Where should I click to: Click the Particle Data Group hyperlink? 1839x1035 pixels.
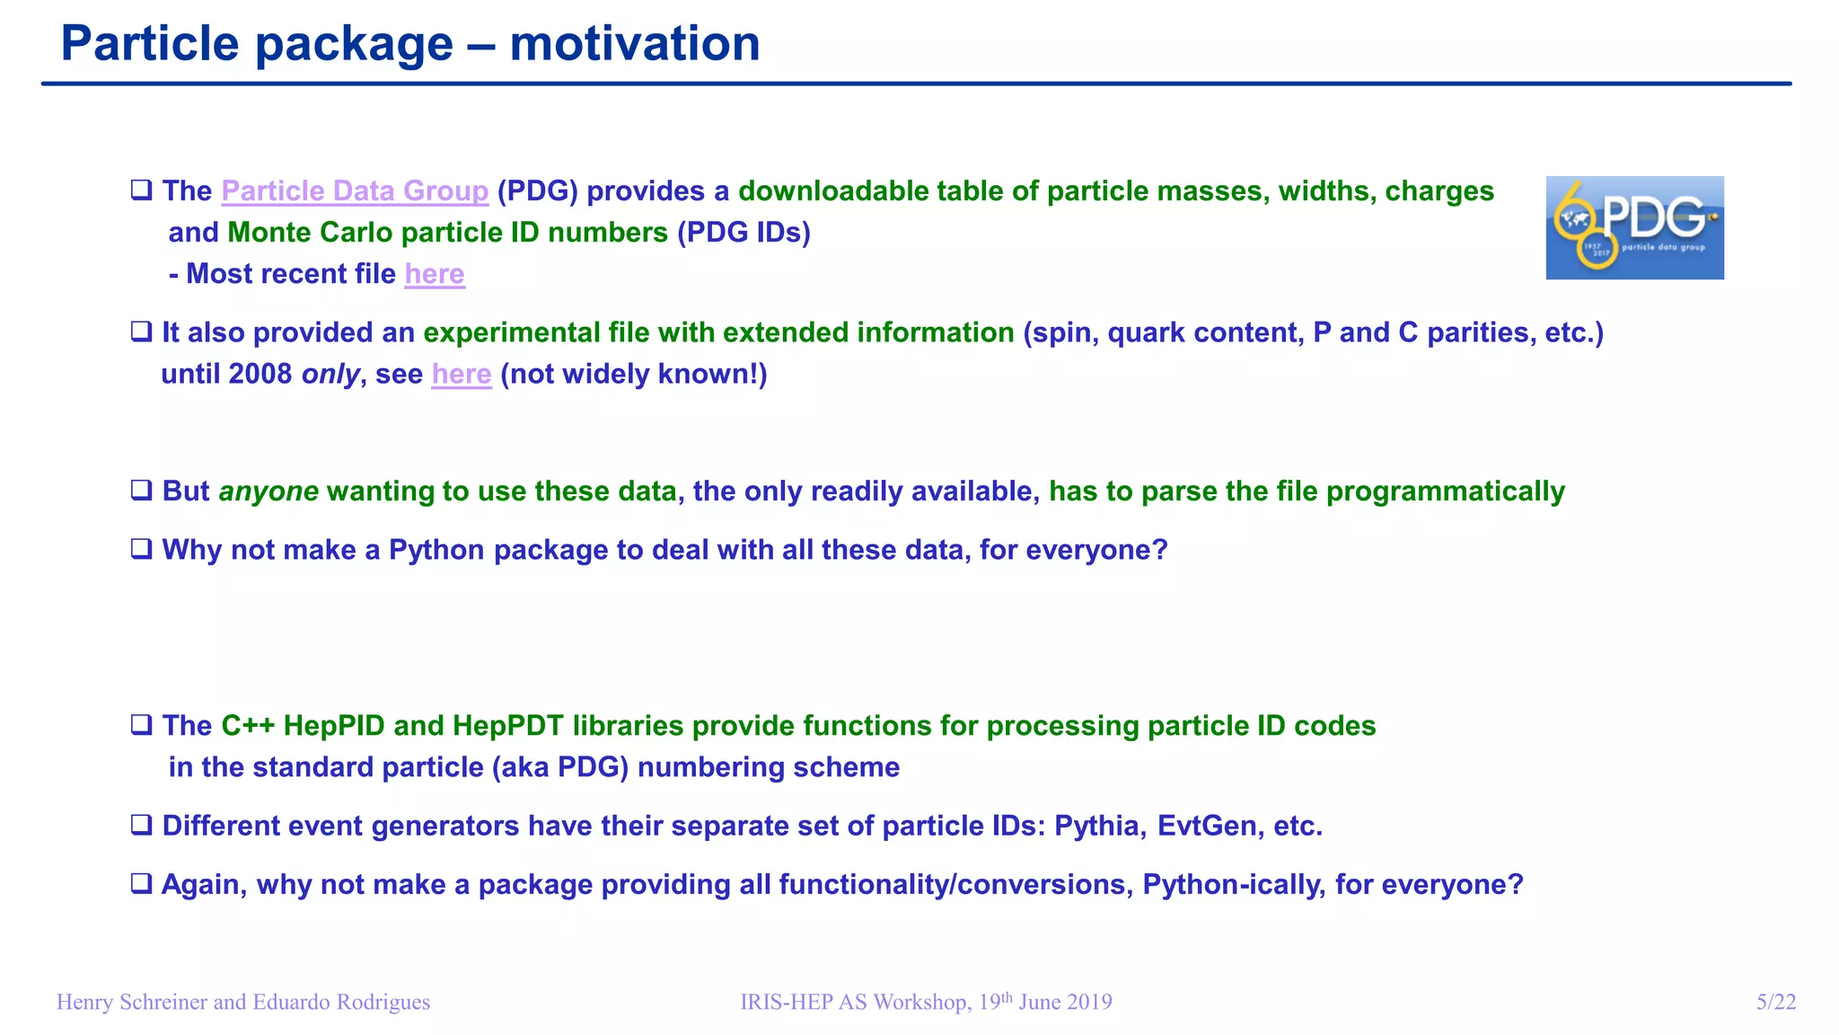pos(355,191)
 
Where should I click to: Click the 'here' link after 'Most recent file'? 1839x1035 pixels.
pos(435,274)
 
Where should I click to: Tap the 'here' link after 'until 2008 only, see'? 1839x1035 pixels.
pos(462,374)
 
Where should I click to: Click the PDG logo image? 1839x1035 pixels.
pos(1634,227)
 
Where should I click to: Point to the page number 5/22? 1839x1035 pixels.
pos(1775,1002)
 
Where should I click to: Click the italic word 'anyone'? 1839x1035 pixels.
pos(268,491)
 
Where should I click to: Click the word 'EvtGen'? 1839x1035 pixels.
pos(1206,826)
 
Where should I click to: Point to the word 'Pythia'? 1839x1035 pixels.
pos(1098,826)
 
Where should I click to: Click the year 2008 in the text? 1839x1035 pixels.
pos(260,374)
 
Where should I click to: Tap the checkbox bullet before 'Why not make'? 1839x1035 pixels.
pos(141,549)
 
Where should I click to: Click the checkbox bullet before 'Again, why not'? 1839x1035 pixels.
pos(141,884)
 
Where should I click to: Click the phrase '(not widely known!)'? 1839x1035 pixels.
pos(633,374)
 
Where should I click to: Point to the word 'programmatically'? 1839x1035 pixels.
pos(1445,491)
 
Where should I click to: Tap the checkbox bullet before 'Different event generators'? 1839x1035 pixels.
pos(141,825)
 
